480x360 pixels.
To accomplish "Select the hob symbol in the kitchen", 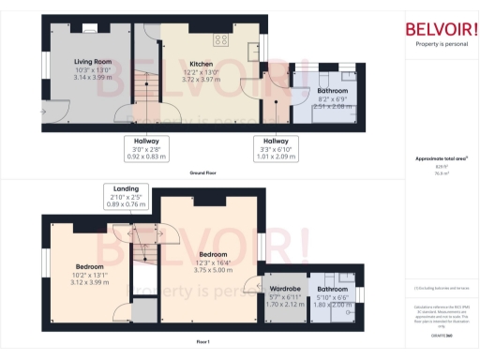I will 223,39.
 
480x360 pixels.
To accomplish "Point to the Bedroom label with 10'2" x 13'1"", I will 90,266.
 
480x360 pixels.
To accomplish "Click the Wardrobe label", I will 284,289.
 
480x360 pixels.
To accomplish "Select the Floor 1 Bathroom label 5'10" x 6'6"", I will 331,289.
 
